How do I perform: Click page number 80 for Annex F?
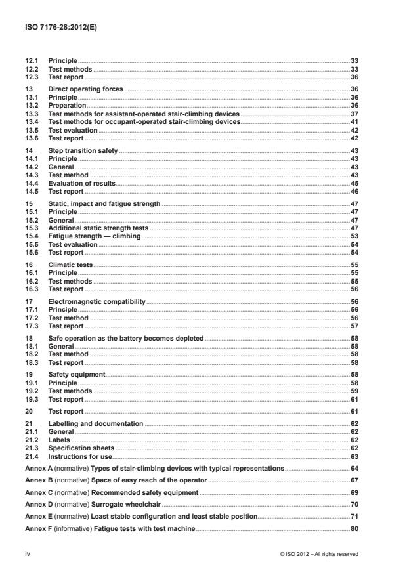tap(354, 528)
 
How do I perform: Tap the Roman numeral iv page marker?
tap(28, 555)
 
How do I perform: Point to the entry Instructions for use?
tap(81, 456)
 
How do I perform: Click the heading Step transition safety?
tap(83, 150)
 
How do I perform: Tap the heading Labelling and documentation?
tap(96, 424)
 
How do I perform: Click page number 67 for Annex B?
tap(354, 480)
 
